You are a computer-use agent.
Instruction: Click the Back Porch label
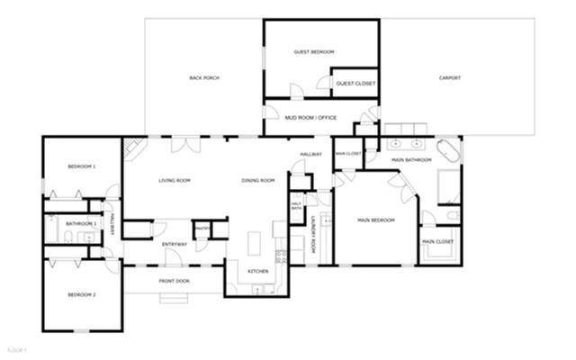[x=204, y=78]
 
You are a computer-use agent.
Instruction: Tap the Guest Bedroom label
[x=314, y=52]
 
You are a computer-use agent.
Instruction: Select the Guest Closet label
[x=355, y=84]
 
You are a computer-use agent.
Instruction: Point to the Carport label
[x=449, y=78]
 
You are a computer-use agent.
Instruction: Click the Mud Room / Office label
[x=310, y=118]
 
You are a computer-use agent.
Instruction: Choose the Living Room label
[x=175, y=181]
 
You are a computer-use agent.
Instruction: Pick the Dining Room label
[x=258, y=181]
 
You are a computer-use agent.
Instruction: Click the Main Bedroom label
[x=376, y=220]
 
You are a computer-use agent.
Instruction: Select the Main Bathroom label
[x=412, y=160]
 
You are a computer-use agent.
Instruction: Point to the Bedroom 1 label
[x=82, y=167]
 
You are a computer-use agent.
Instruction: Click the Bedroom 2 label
[x=82, y=295]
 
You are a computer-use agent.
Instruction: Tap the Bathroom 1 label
[x=81, y=223]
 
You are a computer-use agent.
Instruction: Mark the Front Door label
[x=175, y=281]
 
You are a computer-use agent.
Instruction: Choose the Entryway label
[x=175, y=245]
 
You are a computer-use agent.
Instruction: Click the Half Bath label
[x=296, y=206]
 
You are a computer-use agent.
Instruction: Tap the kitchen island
[x=254, y=243]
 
